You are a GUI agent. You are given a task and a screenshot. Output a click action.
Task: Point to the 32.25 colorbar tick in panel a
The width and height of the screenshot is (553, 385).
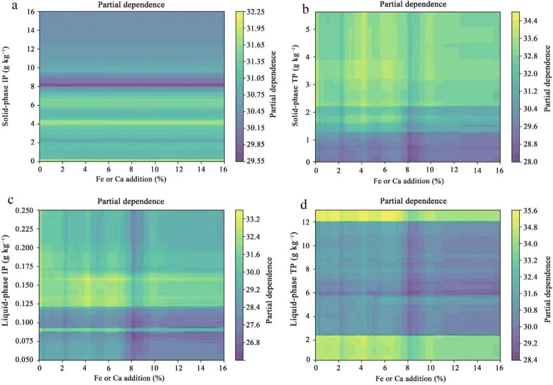(256, 12)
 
